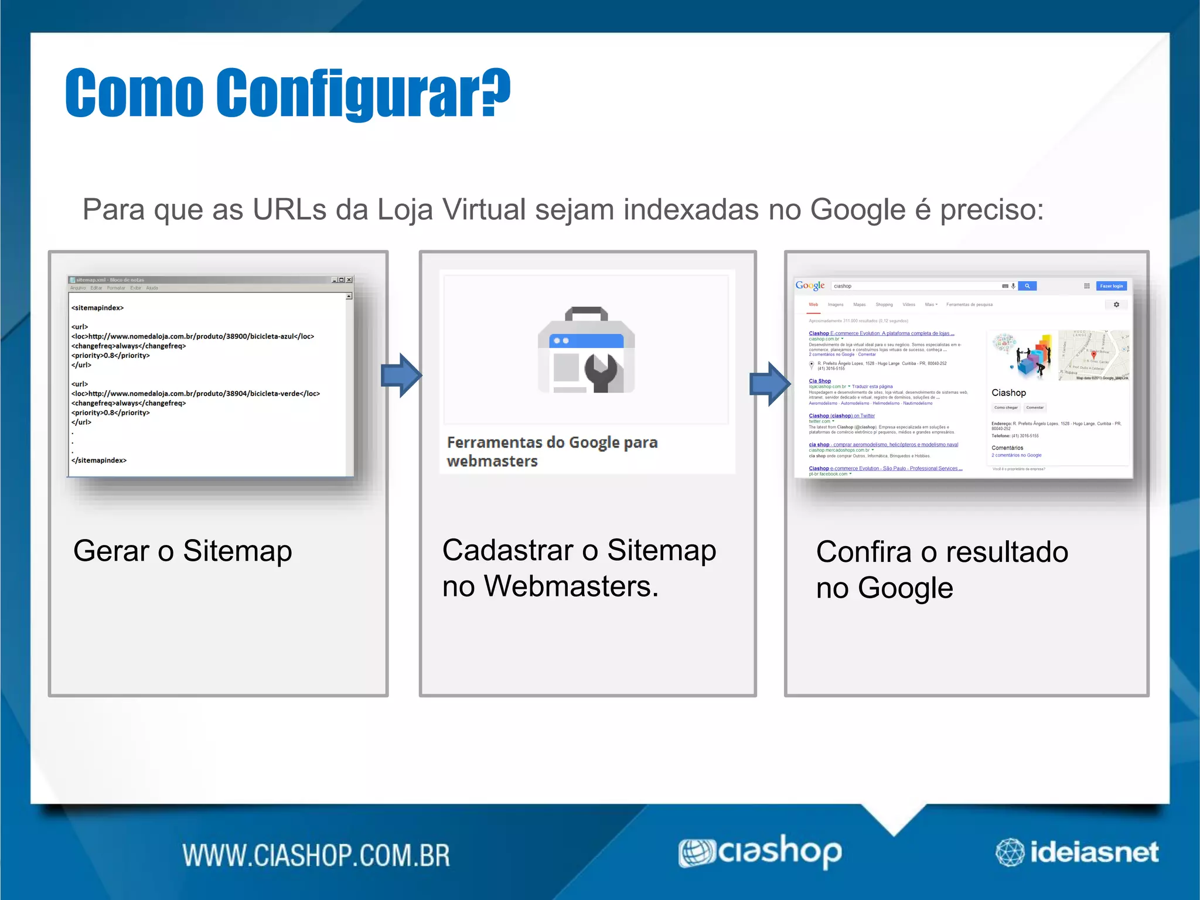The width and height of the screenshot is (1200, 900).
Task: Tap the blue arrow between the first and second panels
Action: tap(401, 376)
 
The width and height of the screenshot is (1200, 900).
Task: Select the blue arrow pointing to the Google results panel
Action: tap(770, 384)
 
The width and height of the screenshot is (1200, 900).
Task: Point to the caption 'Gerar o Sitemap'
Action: tap(182, 551)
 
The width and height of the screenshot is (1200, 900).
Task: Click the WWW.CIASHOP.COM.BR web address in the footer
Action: tap(316, 855)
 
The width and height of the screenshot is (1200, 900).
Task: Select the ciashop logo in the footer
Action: tap(761, 852)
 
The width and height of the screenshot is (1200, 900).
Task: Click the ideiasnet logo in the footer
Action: tap(1077, 852)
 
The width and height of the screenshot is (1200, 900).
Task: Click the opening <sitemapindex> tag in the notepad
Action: tap(97, 308)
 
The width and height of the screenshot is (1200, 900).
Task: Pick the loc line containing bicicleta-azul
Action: tap(193, 336)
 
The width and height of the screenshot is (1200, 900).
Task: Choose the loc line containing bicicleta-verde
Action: tap(196, 394)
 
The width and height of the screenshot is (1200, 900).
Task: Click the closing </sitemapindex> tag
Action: tap(99, 461)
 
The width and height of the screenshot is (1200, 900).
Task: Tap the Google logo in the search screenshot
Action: tap(810, 285)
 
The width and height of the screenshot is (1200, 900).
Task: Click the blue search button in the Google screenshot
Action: tap(1027, 286)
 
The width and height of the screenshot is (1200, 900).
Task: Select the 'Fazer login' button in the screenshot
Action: tap(1111, 286)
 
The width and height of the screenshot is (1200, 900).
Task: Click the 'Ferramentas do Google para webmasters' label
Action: tap(552, 451)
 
